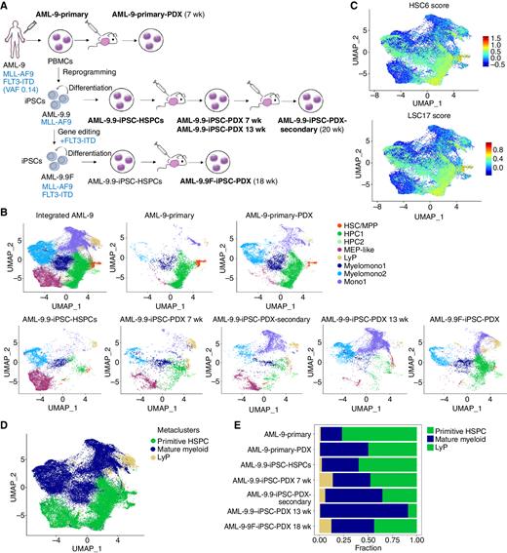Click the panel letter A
point(6,7)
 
